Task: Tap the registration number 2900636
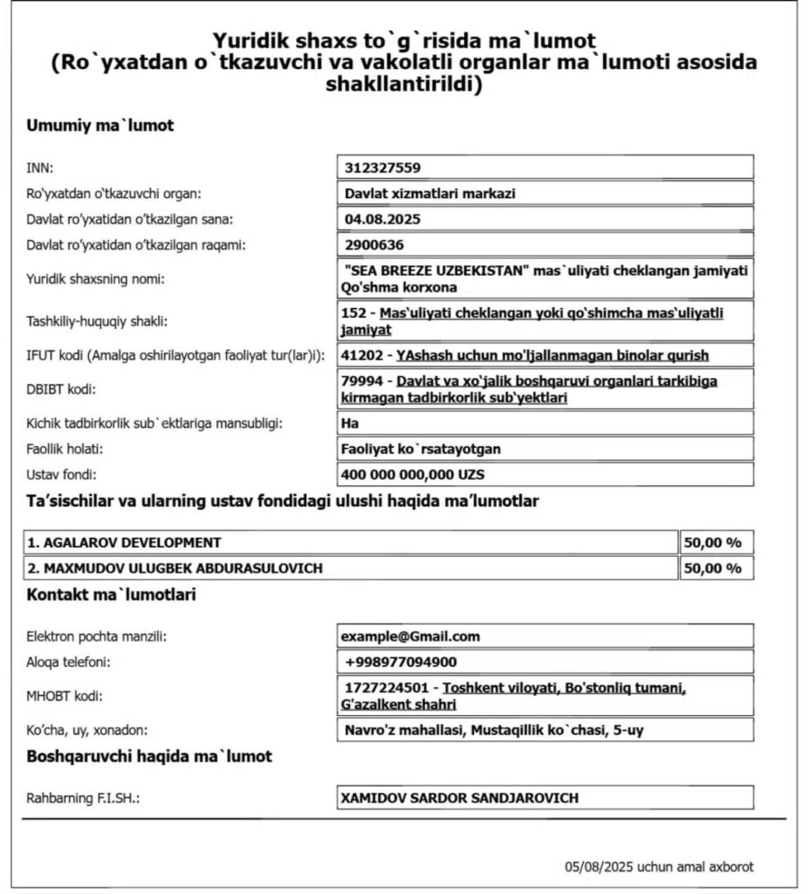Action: [374, 244]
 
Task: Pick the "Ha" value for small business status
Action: [349, 423]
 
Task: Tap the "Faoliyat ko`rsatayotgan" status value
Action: [420, 449]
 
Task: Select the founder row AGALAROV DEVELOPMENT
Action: [124, 542]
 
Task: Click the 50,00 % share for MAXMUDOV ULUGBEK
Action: [712, 568]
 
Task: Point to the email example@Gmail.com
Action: [411, 636]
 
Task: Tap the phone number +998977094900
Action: [401, 662]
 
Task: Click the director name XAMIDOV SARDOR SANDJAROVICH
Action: [460, 798]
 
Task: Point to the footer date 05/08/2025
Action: [599, 867]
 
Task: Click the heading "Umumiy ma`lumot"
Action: [100, 126]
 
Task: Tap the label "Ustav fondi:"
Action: [61, 475]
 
